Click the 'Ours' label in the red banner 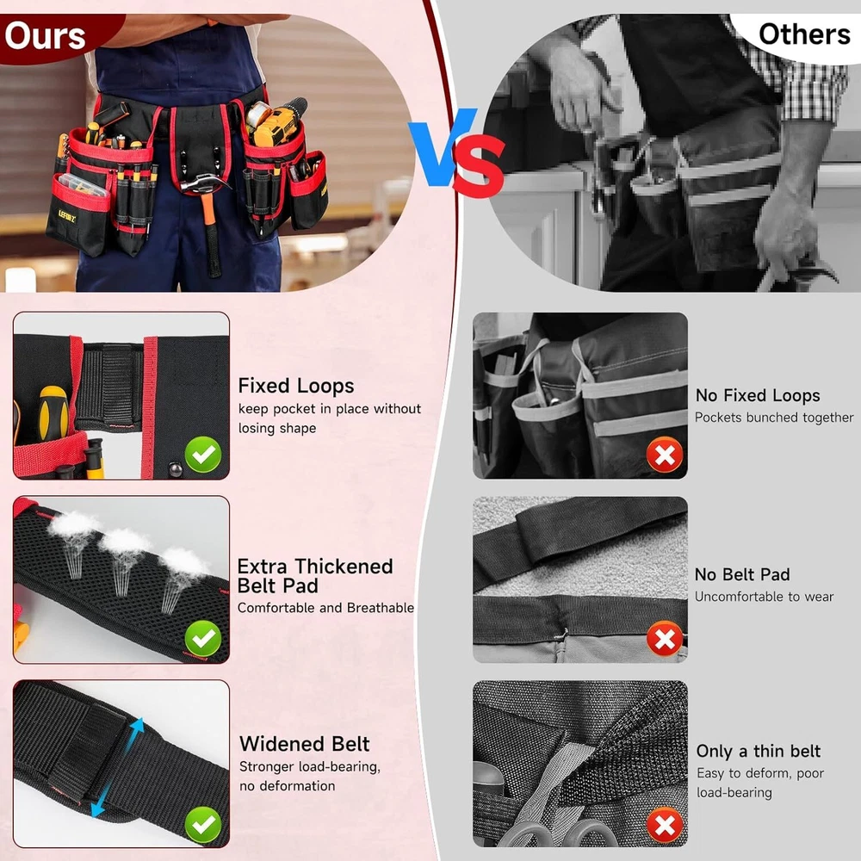[x=45, y=36]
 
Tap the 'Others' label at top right [x=804, y=34]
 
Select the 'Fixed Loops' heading [x=296, y=386]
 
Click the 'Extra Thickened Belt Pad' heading [x=315, y=576]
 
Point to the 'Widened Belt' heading [x=304, y=744]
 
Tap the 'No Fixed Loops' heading [x=757, y=395]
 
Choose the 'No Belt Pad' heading [x=742, y=574]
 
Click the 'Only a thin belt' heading [x=758, y=751]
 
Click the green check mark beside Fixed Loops [x=203, y=455]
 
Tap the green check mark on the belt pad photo [x=203, y=639]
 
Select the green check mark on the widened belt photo [x=203, y=825]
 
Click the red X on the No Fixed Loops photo [x=665, y=455]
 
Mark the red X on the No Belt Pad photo [x=665, y=639]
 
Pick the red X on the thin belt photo [x=665, y=825]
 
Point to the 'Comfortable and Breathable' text [x=325, y=608]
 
